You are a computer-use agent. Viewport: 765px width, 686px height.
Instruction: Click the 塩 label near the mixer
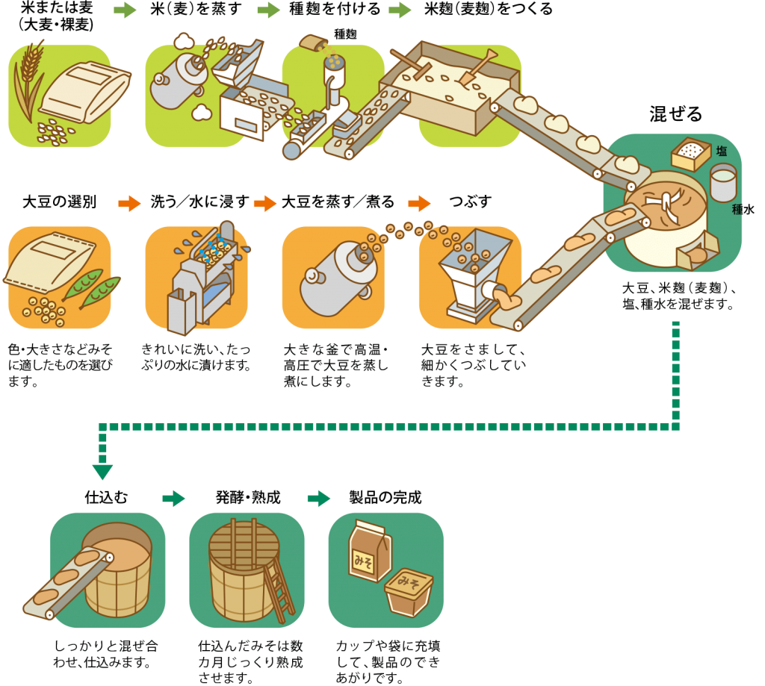[x=722, y=151]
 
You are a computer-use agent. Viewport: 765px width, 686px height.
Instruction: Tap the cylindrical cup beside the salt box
[x=722, y=182]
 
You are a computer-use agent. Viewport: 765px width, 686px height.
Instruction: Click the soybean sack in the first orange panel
[x=51, y=261]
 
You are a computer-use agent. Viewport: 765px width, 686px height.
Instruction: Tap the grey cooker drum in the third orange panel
[x=332, y=272]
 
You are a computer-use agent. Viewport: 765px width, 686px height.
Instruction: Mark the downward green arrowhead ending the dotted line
[x=102, y=472]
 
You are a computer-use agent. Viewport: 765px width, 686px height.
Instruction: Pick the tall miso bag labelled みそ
[x=369, y=552]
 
